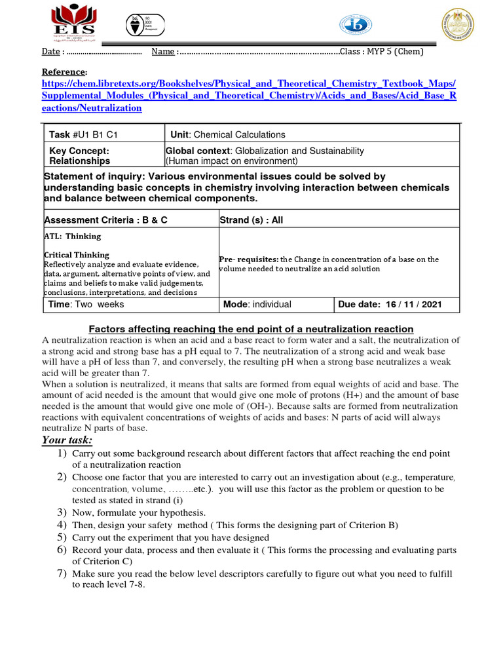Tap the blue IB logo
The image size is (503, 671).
click(354, 26)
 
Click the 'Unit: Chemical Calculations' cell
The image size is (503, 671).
click(227, 134)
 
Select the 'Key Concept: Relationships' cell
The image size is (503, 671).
click(79, 155)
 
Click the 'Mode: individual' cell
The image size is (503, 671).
click(257, 304)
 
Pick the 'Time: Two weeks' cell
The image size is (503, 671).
click(86, 304)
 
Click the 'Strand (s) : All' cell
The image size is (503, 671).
click(251, 220)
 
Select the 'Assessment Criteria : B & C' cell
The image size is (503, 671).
click(105, 220)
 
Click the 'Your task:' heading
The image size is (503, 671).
click(67, 439)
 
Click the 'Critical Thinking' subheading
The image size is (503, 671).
click(76, 255)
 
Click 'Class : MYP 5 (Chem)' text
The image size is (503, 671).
click(382, 52)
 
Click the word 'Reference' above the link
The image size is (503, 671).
click(64, 71)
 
